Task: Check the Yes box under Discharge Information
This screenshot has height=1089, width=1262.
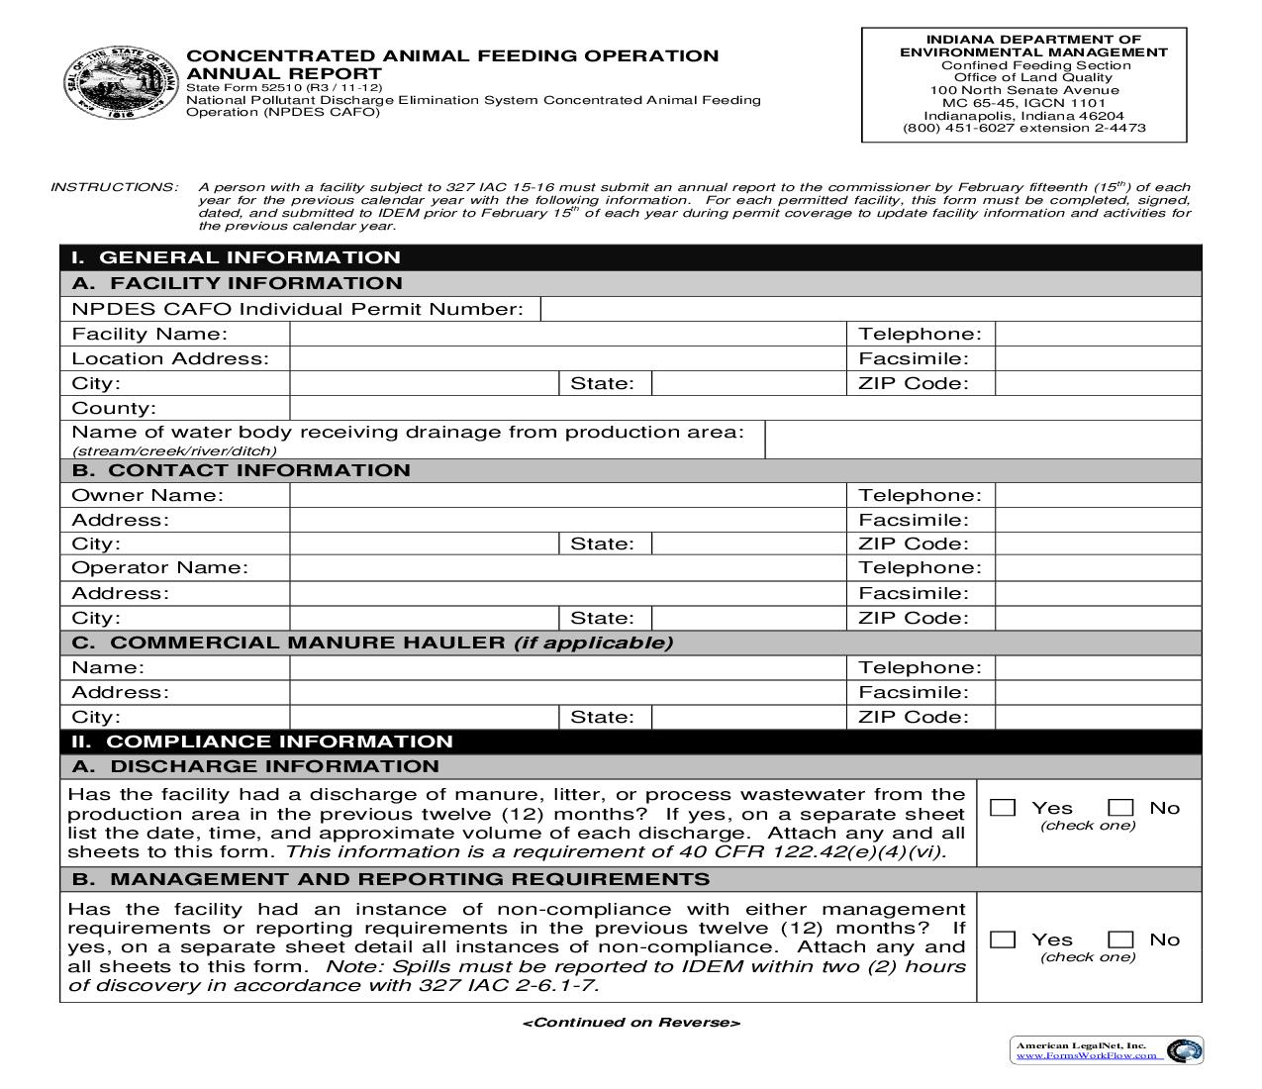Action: pos(1003,808)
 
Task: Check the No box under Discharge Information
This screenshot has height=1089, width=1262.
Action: pos(1120,808)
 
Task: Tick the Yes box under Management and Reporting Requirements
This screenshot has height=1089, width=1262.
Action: pos(1003,940)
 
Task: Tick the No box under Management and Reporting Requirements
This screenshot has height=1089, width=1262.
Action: pos(1120,940)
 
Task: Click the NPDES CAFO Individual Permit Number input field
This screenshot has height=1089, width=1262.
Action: pos(870,309)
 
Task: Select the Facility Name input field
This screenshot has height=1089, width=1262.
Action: pos(567,334)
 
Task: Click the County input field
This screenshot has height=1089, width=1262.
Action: pos(744,408)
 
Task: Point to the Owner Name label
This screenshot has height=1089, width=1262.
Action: pos(147,495)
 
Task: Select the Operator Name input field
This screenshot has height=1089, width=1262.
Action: pos(567,568)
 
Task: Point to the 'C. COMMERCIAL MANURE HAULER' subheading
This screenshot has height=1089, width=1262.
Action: pos(372,643)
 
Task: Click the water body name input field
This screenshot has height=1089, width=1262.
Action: pos(983,440)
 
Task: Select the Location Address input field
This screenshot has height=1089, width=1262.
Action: pos(567,358)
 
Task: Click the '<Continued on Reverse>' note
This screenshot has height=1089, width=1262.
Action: pos(631,1023)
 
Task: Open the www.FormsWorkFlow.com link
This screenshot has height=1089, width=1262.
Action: pos(1086,1055)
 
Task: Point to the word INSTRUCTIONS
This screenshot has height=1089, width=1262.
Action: pos(114,187)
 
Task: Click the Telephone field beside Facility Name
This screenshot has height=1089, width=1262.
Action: pos(1097,334)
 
